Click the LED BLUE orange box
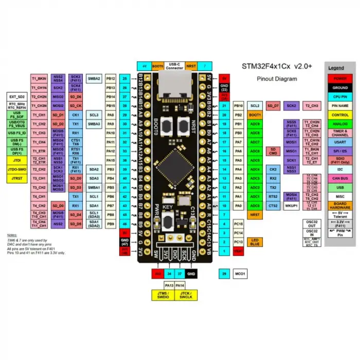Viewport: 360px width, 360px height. click(255, 241)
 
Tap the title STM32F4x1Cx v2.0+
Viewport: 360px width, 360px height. click(277, 66)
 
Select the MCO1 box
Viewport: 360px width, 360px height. click(239, 274)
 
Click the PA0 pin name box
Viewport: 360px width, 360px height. click(238, 206)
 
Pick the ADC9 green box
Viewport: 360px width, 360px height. click(255, 124)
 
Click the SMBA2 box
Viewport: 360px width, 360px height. click(94, 79)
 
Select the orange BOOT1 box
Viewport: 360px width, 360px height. click(255, 115)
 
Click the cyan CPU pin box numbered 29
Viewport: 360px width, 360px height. click(224, 274)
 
